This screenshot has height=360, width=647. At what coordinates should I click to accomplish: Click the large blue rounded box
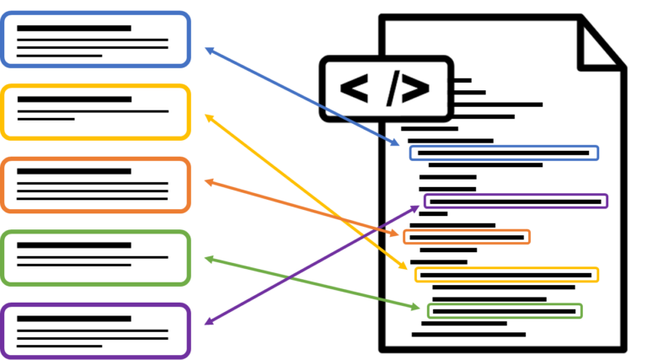click(x=96, y=40)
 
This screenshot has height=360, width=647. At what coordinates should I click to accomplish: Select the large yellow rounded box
click(x=96, y=112)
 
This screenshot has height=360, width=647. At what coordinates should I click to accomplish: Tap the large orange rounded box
click(x=96, y=185)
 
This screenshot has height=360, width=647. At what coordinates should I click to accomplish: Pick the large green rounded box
click(x=96, y=258)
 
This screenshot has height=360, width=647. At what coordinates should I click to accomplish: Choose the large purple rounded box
click(x=96, y=330)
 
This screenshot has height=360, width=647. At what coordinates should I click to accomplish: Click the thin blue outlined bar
click(x=504, y=153)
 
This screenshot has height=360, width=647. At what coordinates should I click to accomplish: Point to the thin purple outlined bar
click(x=516, y=201)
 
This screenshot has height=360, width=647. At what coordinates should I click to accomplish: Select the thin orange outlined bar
click(x=467, y=237)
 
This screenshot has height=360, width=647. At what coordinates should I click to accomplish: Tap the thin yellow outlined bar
click(x=506, y=275)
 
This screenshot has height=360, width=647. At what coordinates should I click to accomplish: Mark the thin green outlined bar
click(x=505, y=311)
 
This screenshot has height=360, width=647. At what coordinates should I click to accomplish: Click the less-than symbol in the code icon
click(x=355, y=89)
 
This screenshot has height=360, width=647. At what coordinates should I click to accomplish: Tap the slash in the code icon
click(x=393, y=89)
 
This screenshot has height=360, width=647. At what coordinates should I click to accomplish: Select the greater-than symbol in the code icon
click(x=416, y=89)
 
